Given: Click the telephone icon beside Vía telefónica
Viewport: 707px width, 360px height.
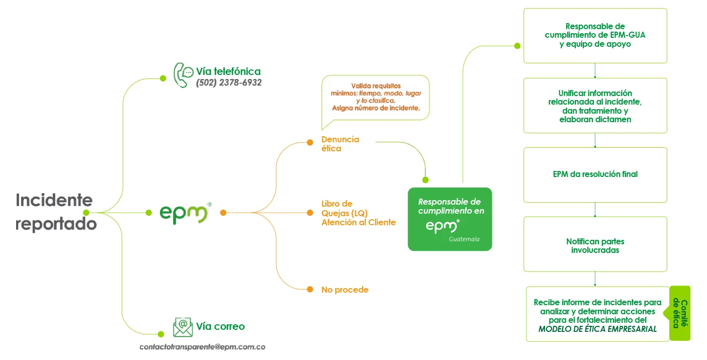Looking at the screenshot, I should (183, 75).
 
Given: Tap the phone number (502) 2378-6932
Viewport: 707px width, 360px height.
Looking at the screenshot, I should (229, 83).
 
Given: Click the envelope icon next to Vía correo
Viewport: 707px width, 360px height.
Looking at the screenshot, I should (183, 327).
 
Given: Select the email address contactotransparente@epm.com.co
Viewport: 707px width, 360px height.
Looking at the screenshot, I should (202, 347).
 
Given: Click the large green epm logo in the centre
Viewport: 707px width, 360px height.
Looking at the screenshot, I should (184, 213).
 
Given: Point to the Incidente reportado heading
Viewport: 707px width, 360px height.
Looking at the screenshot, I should (55, 211).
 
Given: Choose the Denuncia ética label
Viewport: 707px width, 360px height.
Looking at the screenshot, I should (340, 144).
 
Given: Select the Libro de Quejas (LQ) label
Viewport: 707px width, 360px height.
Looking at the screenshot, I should (344, 208).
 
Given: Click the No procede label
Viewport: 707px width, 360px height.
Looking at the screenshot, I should (345, 290).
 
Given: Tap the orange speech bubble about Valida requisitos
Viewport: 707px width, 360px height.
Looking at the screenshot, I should (376, 98).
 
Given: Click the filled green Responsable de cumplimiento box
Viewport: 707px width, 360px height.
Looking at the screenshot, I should (450, 219).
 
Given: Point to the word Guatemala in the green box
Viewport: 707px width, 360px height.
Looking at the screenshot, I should (464, 239).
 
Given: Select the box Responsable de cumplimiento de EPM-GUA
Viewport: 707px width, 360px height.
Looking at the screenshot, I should (595, 35).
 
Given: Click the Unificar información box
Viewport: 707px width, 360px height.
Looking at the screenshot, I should (595, 106).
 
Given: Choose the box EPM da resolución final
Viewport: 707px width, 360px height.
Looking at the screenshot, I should (595, 174).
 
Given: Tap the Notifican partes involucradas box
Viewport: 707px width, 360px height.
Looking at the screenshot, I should (595, 245).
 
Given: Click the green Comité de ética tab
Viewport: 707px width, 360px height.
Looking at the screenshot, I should (680, 313).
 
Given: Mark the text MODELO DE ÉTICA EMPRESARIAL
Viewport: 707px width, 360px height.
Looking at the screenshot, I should (597, 329).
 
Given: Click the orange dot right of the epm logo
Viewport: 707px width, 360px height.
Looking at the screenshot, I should (223, 213).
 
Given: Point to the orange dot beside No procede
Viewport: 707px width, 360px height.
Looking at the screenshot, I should (310, 289).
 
